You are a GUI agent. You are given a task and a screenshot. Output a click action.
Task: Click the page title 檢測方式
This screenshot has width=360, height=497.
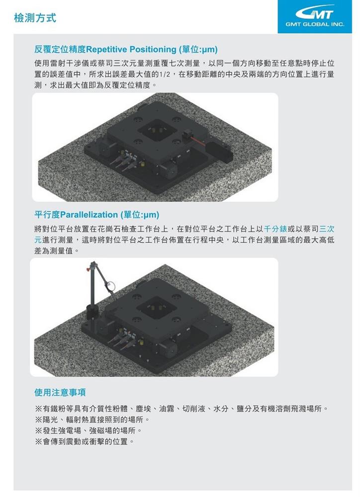click(35, 18)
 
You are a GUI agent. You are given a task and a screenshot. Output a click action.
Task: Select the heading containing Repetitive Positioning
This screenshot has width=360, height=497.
click(126, 49)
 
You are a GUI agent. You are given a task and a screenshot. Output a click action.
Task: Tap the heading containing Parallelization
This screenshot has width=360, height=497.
click(97, 215)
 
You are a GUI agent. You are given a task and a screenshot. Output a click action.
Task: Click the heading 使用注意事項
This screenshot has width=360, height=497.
click(60, 393)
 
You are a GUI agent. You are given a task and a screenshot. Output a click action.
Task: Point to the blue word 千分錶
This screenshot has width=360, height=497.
click(275, 229)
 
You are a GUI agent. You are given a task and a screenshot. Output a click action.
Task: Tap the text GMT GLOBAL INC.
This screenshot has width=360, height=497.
click(315, 24)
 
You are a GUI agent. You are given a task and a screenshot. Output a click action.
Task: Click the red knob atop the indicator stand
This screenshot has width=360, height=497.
click(88, 269)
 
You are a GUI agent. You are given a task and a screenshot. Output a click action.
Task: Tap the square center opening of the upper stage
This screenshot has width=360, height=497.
click(158, 130)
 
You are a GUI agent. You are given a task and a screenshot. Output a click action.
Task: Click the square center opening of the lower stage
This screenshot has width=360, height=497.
click(158, 308)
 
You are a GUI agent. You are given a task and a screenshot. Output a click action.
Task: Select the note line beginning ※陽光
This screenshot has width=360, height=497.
click(92, 419)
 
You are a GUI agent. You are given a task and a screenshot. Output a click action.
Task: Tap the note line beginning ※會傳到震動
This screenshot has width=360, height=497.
click(85, 441)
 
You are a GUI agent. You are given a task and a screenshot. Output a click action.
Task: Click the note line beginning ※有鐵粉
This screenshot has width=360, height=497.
click(181, 409)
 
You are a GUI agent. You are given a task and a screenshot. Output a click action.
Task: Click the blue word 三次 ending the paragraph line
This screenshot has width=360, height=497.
click(327, 229)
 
